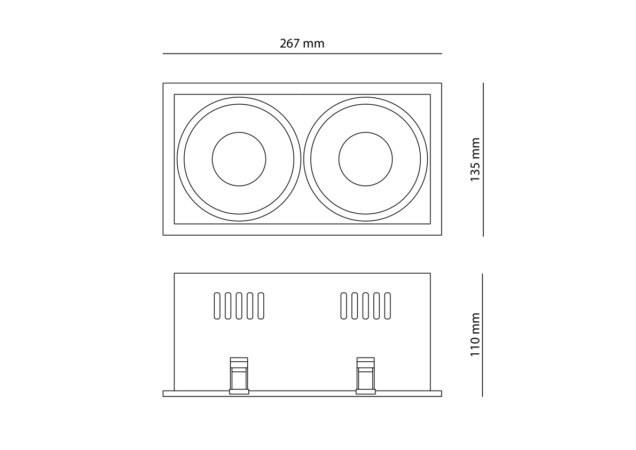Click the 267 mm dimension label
tap(302, 43)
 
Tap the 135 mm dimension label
tap(475, 159)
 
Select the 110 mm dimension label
tap(475, 335)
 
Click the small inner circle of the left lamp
tap(239, 132)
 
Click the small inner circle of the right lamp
tap(365, 132)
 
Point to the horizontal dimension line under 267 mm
tap(302, 53)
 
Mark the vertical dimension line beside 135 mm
tap(483, 159)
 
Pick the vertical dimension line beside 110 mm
tap(482, 335)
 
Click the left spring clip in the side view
tap(239, 376)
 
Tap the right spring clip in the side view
tap(365, 376)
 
